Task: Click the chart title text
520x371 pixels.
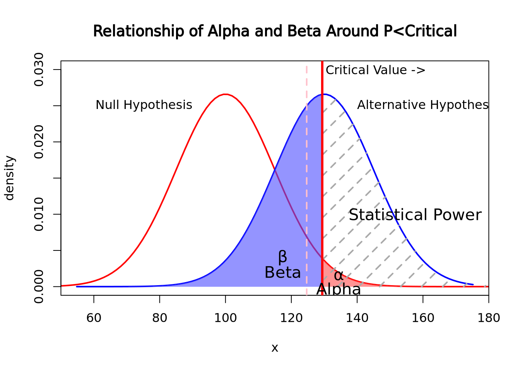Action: (x=275, y=31)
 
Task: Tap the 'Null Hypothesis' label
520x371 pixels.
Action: (x=144, y=105)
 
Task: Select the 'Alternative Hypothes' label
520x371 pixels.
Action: (x=422, y=105)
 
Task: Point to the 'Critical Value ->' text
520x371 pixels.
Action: (x=375, y=70)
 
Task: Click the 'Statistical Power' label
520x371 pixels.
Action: (x=415, y=215)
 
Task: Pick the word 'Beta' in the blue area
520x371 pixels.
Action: (x=282, y=273)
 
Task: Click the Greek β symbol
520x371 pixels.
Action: (x=282, y=257)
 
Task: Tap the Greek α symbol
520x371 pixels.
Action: (x=338, y=276)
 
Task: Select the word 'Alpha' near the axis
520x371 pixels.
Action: (x=338, y=289)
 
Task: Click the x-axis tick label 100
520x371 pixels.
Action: (x=225, y=318)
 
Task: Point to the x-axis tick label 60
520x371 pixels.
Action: (x=94, y=318)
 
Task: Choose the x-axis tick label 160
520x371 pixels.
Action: (x=423, y=318)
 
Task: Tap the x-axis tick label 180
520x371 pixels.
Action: (x=489, y=318)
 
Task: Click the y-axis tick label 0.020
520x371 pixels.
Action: (x=39, y=142)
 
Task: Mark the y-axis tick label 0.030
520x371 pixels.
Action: (x=39, y=70)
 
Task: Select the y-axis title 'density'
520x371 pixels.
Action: (x=9, y=178)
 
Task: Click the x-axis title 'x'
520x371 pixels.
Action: (x=275, y=348)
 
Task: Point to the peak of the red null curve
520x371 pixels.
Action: (x=225, y=94)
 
